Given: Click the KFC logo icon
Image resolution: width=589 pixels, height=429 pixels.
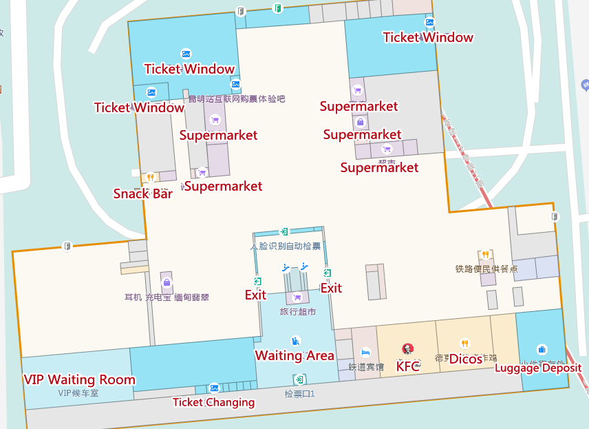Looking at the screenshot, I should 407,349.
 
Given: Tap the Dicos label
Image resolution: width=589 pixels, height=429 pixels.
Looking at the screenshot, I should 465,359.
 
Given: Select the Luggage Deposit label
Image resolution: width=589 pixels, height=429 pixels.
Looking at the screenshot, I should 538,367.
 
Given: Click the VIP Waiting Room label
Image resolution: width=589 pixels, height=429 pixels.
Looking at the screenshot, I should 79,379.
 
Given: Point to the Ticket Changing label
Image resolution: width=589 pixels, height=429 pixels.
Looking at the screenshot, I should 213,402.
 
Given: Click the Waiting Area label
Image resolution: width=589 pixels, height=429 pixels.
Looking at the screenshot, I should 294,355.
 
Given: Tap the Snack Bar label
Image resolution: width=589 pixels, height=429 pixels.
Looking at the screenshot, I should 143,193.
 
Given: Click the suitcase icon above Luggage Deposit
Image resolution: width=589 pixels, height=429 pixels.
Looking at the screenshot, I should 542,349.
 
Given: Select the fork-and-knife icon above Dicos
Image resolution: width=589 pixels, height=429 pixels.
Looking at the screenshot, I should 465,343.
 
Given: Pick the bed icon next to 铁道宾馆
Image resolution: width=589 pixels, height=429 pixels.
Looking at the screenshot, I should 365,352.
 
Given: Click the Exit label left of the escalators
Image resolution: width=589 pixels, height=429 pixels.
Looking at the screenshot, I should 255,295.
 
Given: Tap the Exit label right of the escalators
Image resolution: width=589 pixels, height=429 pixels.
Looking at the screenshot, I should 331,288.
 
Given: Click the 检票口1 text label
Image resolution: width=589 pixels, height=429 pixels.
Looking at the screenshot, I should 299,394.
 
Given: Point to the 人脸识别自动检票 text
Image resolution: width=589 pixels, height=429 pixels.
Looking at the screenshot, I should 285,246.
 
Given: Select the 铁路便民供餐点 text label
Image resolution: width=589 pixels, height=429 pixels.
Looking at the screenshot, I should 486,269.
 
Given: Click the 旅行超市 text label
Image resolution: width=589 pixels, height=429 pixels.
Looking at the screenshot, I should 297,312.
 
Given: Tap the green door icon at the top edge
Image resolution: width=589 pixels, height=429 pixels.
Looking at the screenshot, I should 277,8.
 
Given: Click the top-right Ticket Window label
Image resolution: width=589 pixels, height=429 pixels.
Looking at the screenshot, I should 428,37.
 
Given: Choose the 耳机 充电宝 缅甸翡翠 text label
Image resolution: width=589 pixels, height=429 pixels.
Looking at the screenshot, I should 167,297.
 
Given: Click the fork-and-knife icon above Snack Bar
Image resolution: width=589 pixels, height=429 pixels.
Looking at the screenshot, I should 151,178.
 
